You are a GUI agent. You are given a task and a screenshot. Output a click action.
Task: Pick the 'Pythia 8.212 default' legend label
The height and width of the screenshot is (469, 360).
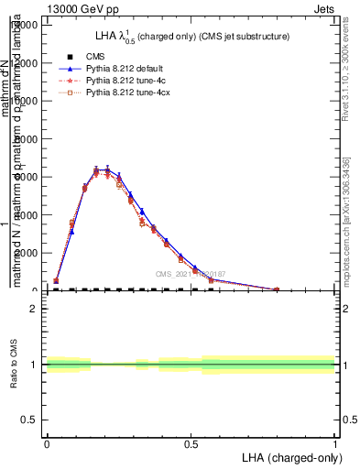tap(131, 69)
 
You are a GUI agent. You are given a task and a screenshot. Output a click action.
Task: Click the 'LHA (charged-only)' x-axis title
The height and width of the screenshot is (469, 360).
tap(290, 456)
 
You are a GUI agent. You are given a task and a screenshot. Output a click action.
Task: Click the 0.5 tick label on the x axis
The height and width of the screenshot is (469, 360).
tap(191, 442)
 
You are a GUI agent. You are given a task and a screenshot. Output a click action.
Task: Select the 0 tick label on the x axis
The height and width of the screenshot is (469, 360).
tap(47, 442)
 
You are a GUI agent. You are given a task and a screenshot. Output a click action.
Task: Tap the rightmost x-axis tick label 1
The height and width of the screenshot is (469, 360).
tap(335, 442)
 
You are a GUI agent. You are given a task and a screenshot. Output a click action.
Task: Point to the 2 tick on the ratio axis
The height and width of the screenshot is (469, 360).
tap(34, 309)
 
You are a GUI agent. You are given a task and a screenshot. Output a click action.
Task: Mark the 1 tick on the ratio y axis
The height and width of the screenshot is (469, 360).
tap(34, 365)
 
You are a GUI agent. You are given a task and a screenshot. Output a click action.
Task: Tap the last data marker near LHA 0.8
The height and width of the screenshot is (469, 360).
tap(277, 289)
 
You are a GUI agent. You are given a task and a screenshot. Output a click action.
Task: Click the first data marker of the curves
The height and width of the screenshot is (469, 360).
tap(57, 281)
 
